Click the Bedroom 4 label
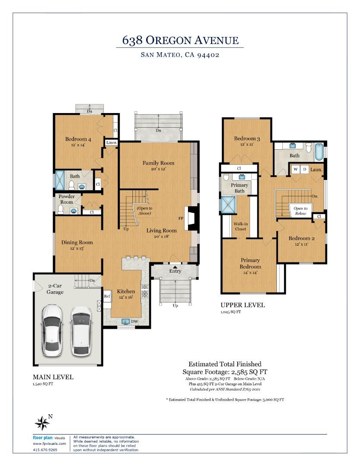pyautogui.click(x=78, y=139)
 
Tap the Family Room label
pyautogui.click(x=158, y=163)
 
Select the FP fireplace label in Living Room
pyautogui.click(x=181, y=218)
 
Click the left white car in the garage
pyautogui.click(x=52, y=330)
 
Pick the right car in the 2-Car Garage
pyautogui.click(x=81, y=331)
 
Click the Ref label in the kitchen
pyautogui.click(x=107, y=296)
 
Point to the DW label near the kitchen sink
pyautogui.click(x=134, y=321)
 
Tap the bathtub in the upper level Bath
pyautogui.click(x=319, y=152)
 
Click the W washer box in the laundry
pyautogui.click(x=295, y=170)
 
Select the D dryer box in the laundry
pyautogui.click(x=304, y=170)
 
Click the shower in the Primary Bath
pyautogui.click(x=228, y=205)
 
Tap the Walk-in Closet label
pyautogui.click(x=241, y=227)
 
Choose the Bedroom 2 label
pyautogui.click(x=301, y=238)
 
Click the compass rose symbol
pyautogui.click(x=42, y=422)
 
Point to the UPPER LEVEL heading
pyautogui.click(x=243, y=305)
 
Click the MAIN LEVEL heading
pyautogui.click(x=53, y=377)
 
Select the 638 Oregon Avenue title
pyautogui.click(x=180, y=40)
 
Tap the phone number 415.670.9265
pyautogui.click(x=45, y=450)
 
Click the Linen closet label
pyautogui.click(x=111, y=143)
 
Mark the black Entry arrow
pyautogui.click(x=175, y=267)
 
